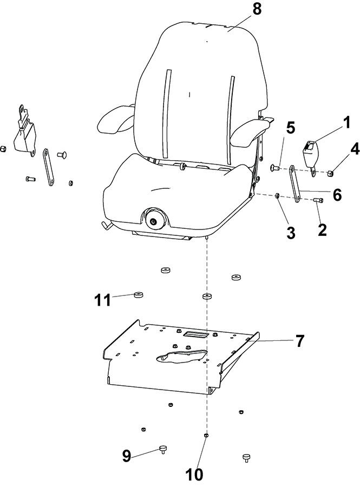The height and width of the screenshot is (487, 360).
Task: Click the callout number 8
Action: (x=257, y=9)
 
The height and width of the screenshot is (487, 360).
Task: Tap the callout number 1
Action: (x=346, y=123)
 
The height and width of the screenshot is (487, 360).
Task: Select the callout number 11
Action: (x=103, y=300)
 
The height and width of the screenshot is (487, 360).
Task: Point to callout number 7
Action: (x=299, y=341)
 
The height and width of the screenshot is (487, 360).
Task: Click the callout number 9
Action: (x=127, y=456)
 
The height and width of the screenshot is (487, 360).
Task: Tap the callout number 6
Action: (x=337, y=195)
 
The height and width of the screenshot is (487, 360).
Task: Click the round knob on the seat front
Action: (x=153, y=221)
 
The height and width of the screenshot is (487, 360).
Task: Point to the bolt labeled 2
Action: (x=319, y=201)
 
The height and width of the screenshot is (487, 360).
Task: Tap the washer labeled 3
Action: (x=277, y=196)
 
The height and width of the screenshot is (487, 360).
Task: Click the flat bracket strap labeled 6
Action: (x=296, y=184)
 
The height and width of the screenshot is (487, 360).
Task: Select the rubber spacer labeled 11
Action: (x=139, y=294)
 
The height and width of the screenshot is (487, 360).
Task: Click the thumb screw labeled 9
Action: (x=163, y=449)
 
